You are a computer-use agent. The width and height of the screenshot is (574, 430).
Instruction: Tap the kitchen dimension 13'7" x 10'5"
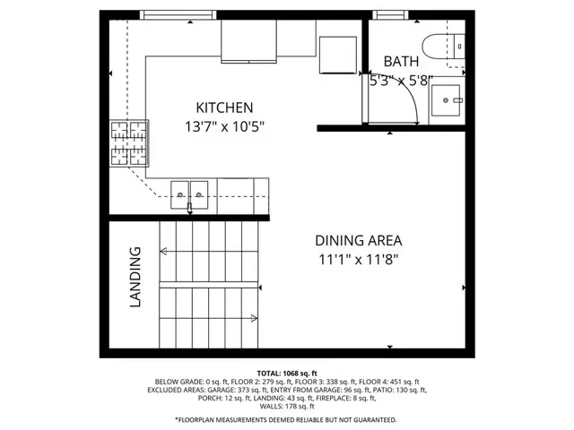pos(225,127)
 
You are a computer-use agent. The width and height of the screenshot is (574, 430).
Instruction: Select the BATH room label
pos(400,62)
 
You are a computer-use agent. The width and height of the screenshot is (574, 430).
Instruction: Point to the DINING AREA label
pos(358,240)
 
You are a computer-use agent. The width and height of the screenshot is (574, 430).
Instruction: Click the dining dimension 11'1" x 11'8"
pos(358,260)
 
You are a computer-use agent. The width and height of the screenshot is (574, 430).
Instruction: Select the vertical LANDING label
pos(136,278)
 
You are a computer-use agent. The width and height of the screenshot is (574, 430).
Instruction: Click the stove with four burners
pos(127,144)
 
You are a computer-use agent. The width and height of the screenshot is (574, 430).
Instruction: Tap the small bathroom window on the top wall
pos(387,14)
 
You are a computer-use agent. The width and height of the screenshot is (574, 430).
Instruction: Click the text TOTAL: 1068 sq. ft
pos(286,373)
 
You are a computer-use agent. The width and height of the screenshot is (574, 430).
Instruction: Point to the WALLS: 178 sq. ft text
pos(286,406)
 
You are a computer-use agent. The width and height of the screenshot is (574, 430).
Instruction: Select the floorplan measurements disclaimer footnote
pos(286,419)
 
